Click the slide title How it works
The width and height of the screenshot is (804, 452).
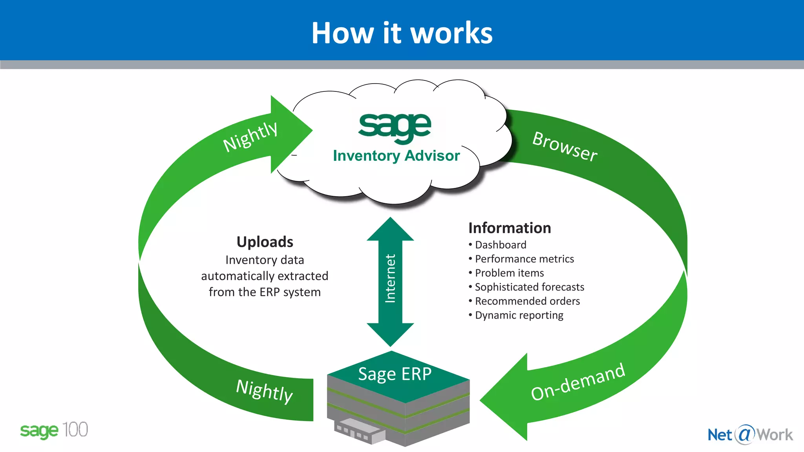pyautogui.click(x=402, y=33)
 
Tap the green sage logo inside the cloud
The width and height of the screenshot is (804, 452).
pyautogui.click(x=395, y=127)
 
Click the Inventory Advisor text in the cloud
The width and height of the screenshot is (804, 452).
pyautogui.click(x=396, y=156)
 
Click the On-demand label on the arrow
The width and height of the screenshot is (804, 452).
pyautogui.click(x=577, y=382)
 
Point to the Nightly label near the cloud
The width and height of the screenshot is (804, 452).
pyautogui.click(x=250, y=136)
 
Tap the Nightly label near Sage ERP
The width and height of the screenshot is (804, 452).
pyautogui.click(x=264, y=391)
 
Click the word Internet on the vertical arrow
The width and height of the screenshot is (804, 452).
pyautogui.click(x=390, y=278)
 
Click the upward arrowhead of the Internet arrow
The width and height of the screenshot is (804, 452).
pyautogui.click(x=390, y=230)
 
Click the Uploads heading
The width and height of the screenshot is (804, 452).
pyautogui.click(x=265, y=242)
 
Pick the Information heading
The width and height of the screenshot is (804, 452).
pyautogui.click(x=510, y=228)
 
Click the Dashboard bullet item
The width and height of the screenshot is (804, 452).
pyautogui.click(x=500, y=245)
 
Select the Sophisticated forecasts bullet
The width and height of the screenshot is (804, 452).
pyautogui.click(x=529, y=287)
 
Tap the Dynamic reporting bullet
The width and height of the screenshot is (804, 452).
pyautogui.click(x=519, y=315)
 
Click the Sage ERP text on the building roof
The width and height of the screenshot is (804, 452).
pyautogui.click(x=395, y=374)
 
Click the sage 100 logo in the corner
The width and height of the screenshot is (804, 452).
pyautogui.click(x=54, y=430)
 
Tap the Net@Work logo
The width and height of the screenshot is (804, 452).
pyautogui.click(x=750, y=435)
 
